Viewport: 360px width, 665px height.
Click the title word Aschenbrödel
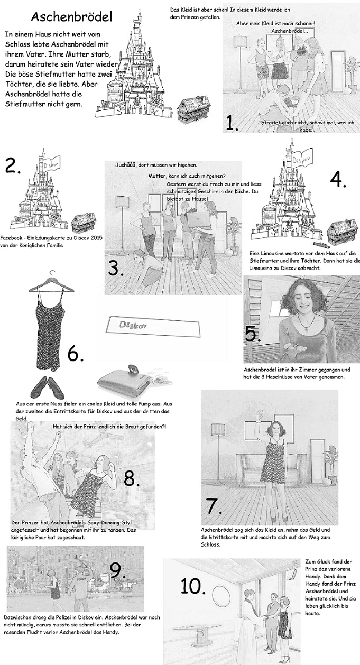(x=72, y=17)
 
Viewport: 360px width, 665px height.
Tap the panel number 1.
(x=232, y=123)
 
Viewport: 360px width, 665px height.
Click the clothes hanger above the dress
(x=51, y=283)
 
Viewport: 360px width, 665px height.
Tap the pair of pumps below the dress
(x=48, y=387)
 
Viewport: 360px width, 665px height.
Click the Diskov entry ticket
(x=153, y=327)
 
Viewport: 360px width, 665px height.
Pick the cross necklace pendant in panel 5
(x=308, y=329)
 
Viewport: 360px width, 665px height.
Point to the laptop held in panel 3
(x=199, y=219)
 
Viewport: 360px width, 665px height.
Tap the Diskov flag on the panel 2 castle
(x=52, y=163)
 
